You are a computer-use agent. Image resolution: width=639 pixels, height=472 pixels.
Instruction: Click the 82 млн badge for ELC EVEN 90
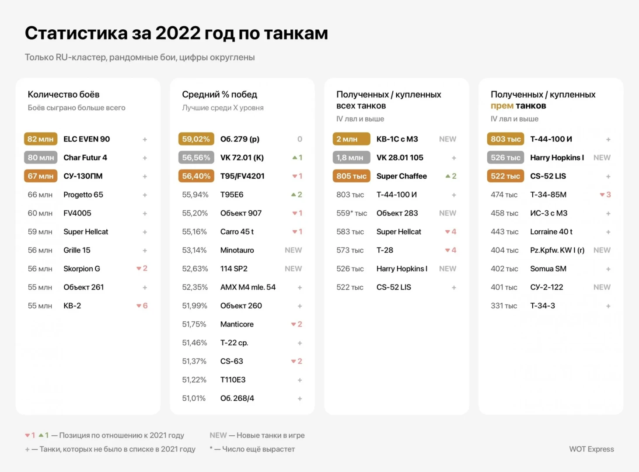click(x=40, y=139)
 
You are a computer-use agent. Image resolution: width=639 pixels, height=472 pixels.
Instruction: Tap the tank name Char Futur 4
click(x=85, y=157)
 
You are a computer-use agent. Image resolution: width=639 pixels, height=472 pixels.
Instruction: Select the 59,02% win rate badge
click(x=196, y=139)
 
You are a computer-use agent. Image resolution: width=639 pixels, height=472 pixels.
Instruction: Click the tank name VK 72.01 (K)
click(x=242, y=157)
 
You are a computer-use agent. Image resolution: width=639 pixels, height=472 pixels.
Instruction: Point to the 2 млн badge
click(x=351, y=139)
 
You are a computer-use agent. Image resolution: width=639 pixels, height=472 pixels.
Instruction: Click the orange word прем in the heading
click(x=502, y=106)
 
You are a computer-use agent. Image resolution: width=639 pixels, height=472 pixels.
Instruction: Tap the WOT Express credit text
click(x=591, y=449)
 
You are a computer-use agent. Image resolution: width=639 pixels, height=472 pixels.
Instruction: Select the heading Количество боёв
click(x=63, y=94)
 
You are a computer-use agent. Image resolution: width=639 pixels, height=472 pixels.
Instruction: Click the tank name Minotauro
click(x=237, y=250)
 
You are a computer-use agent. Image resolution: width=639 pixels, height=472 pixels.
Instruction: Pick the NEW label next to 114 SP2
click(x=293, y=269)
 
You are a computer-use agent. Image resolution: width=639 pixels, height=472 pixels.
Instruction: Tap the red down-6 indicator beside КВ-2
click(x=142, y=306)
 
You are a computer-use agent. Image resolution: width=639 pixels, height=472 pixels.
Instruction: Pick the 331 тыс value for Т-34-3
click(x=504, y=306)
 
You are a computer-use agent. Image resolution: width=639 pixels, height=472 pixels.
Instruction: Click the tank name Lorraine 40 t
click(x=551, y=232)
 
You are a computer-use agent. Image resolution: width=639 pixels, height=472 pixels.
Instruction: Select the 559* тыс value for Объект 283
click(x=352, y=213)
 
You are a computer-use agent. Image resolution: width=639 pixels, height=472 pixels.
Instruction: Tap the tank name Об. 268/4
click(x=237, y=398)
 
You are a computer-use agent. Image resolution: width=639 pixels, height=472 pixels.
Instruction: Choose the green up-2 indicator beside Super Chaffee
click(x=451, y=176)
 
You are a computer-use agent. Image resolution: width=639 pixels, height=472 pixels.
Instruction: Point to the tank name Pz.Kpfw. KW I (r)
click(x=557, y=250)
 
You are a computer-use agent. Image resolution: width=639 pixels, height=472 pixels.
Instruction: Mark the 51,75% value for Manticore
click(x=194, y=324)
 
